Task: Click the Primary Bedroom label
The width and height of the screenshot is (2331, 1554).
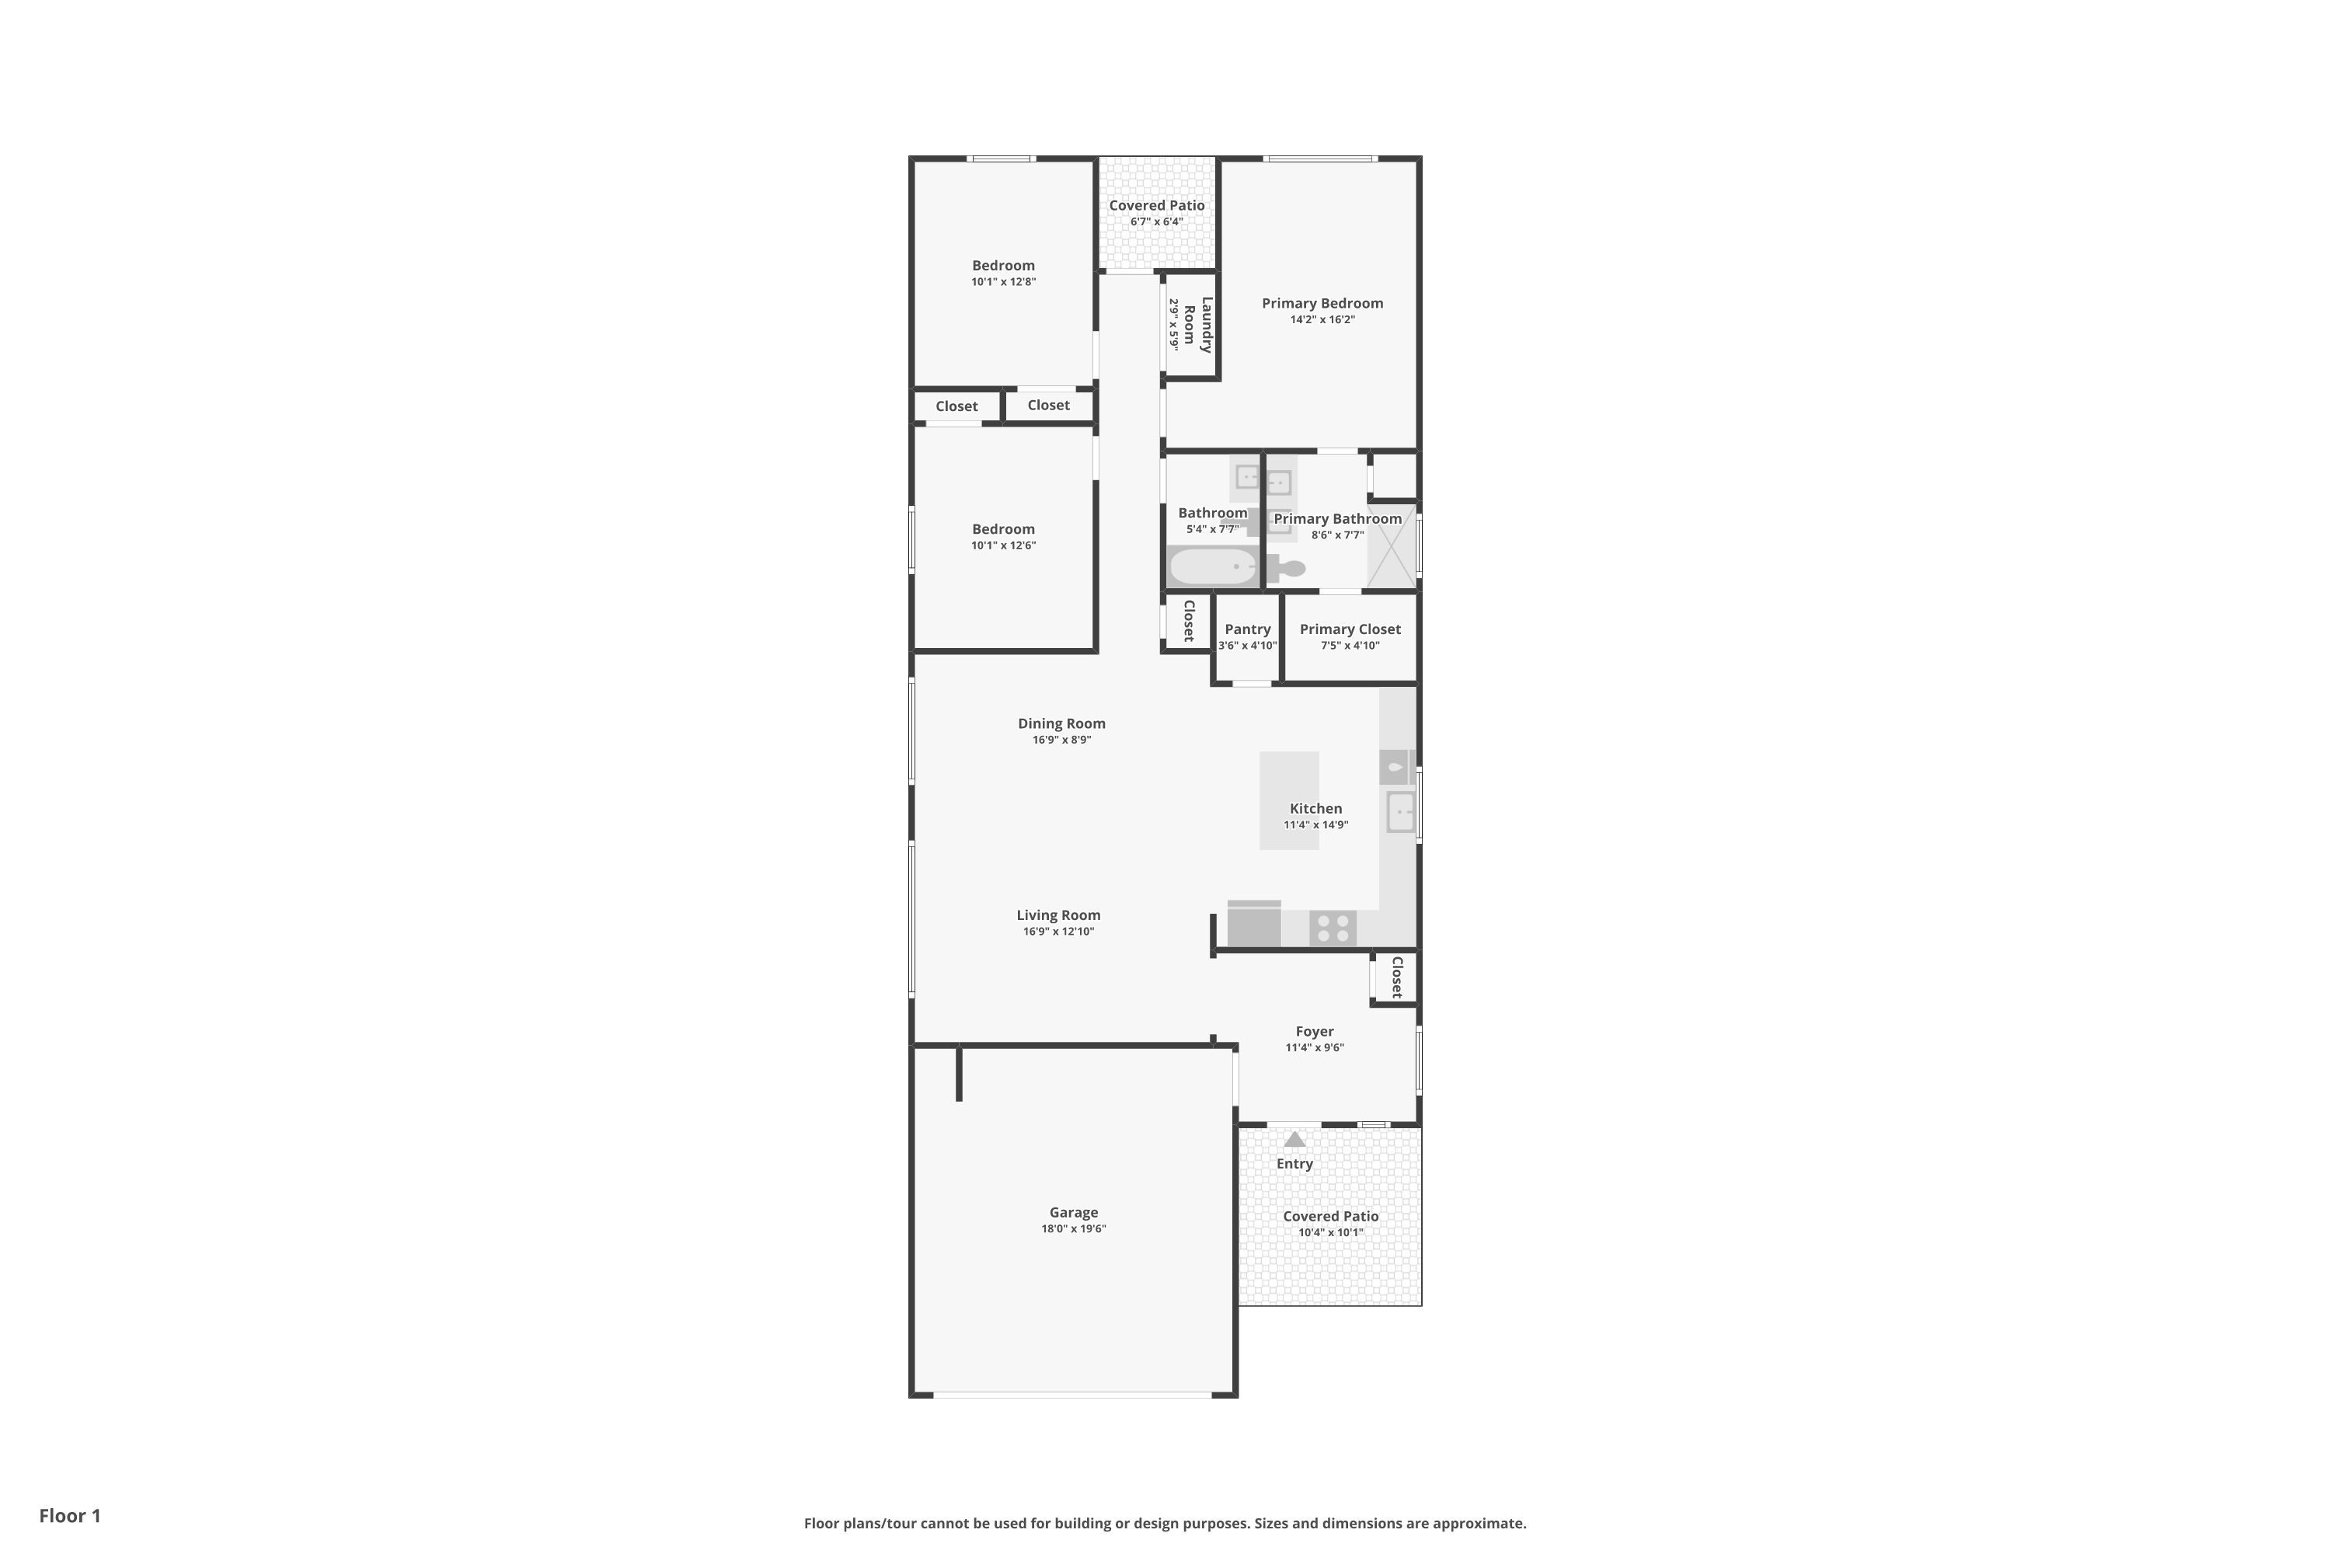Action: pyautogui.click(x=1322, y=303)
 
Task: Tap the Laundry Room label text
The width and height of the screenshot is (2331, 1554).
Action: pyautogui.click(x=1197, y=325)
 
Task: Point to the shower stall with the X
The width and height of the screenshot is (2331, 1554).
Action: pyautogui.click(x=1392, y=546)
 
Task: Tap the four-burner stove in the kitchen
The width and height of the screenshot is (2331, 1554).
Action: pyautogui.click(x=1333, y=929)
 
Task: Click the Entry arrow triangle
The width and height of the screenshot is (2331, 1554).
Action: pyautogui.click(x=1294, y=1140)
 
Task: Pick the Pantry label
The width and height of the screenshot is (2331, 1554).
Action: pyautogui.click(x=1248, y=629)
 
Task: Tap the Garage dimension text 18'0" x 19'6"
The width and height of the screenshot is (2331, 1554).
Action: pyautogui.click(x=1073, y=1229)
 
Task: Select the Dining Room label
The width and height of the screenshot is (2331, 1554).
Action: pyautogui.click(x=1061, y=723)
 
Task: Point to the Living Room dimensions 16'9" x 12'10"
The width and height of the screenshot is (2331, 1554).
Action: pyautogui.click(x=1058, y=932)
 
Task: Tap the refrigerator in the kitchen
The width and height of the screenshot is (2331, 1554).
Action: pyautogui.click(x=1255, y=924)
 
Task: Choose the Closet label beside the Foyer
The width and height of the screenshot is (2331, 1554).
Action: pyautogui.click(x=1397, y=977)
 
